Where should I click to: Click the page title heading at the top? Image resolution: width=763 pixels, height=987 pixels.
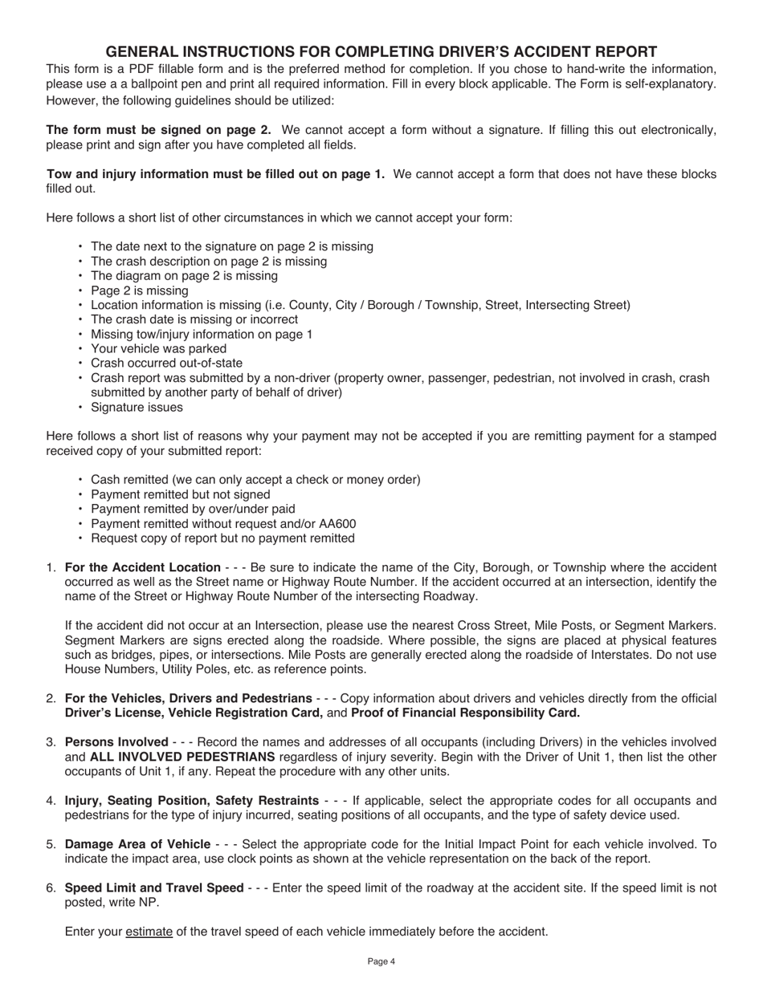tap(381, 51)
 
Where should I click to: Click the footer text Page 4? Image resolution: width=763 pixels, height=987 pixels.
tap(381, 961)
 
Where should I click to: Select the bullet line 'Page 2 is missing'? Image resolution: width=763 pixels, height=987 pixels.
tap(140, 290)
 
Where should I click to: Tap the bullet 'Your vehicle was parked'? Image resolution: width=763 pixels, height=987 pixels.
tap(158, 348)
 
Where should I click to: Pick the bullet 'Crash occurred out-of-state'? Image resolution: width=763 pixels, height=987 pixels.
tap(166, 363)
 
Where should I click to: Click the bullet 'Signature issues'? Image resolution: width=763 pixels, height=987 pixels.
tap(137, 407)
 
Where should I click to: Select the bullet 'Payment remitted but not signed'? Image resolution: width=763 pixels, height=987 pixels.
tap(180, 494)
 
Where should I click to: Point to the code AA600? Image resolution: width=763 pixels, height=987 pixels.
tap(337, 523)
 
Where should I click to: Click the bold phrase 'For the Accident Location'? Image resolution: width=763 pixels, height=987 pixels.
tap(142, 567)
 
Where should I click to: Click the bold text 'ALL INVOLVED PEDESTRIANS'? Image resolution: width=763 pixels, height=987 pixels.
tap(182, 757)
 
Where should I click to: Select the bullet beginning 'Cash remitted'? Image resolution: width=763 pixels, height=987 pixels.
tap(255, 480)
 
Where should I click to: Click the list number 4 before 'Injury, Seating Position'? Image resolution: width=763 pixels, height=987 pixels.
tap(51, 801)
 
